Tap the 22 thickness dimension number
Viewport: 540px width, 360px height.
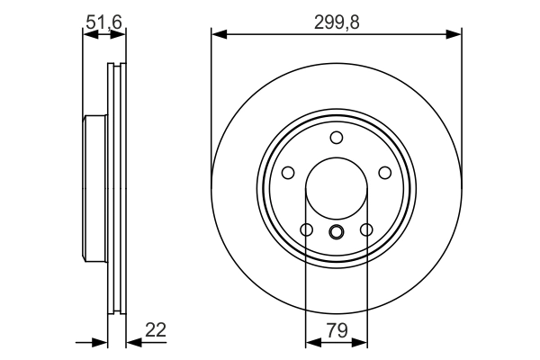157,330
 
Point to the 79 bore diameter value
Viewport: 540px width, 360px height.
337,330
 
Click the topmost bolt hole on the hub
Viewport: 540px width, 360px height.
337,138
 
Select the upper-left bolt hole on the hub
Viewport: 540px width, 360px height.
288,173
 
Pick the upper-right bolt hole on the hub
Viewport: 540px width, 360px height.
385,173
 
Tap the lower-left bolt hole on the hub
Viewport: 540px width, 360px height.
307,230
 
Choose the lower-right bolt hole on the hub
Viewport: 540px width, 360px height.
366,230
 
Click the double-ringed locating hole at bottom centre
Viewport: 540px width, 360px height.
337,233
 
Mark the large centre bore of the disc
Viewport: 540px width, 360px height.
337,190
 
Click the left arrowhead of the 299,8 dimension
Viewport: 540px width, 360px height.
217,35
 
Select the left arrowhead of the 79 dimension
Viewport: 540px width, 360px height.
311,341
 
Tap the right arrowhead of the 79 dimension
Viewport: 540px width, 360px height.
362,341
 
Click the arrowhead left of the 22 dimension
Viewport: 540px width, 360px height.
102,341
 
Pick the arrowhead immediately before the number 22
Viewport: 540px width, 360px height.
131,341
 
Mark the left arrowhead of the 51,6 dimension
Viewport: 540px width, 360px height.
88,35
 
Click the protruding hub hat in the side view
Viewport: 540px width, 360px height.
94,189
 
